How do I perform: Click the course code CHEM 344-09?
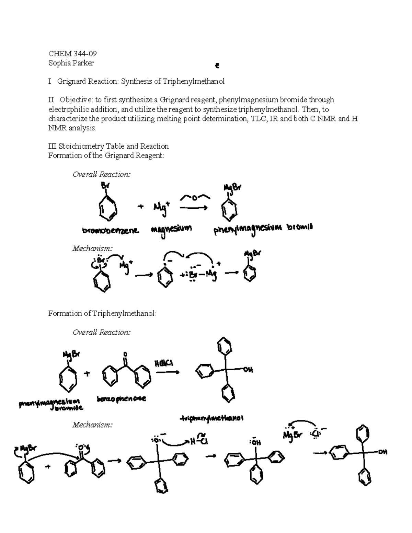tap(72, 54)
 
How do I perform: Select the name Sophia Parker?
tap(71, 63)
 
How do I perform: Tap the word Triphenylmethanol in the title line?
tap(194, 81)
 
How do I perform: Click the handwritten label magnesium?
tap(171, 229)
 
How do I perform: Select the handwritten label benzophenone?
tap(121, 399)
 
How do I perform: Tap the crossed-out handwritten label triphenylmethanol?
tap(212, 418)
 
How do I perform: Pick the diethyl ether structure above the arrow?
tap(194, 198)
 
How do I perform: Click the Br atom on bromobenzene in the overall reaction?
tap(104, 186)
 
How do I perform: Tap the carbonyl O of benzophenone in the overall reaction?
tap(125, 354)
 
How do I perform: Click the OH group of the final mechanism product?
tap(382, 452)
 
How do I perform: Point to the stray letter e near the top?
tap(217, 65)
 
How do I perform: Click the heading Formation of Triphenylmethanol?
tap(102, 313)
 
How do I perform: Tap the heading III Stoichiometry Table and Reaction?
tap(108, 146)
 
